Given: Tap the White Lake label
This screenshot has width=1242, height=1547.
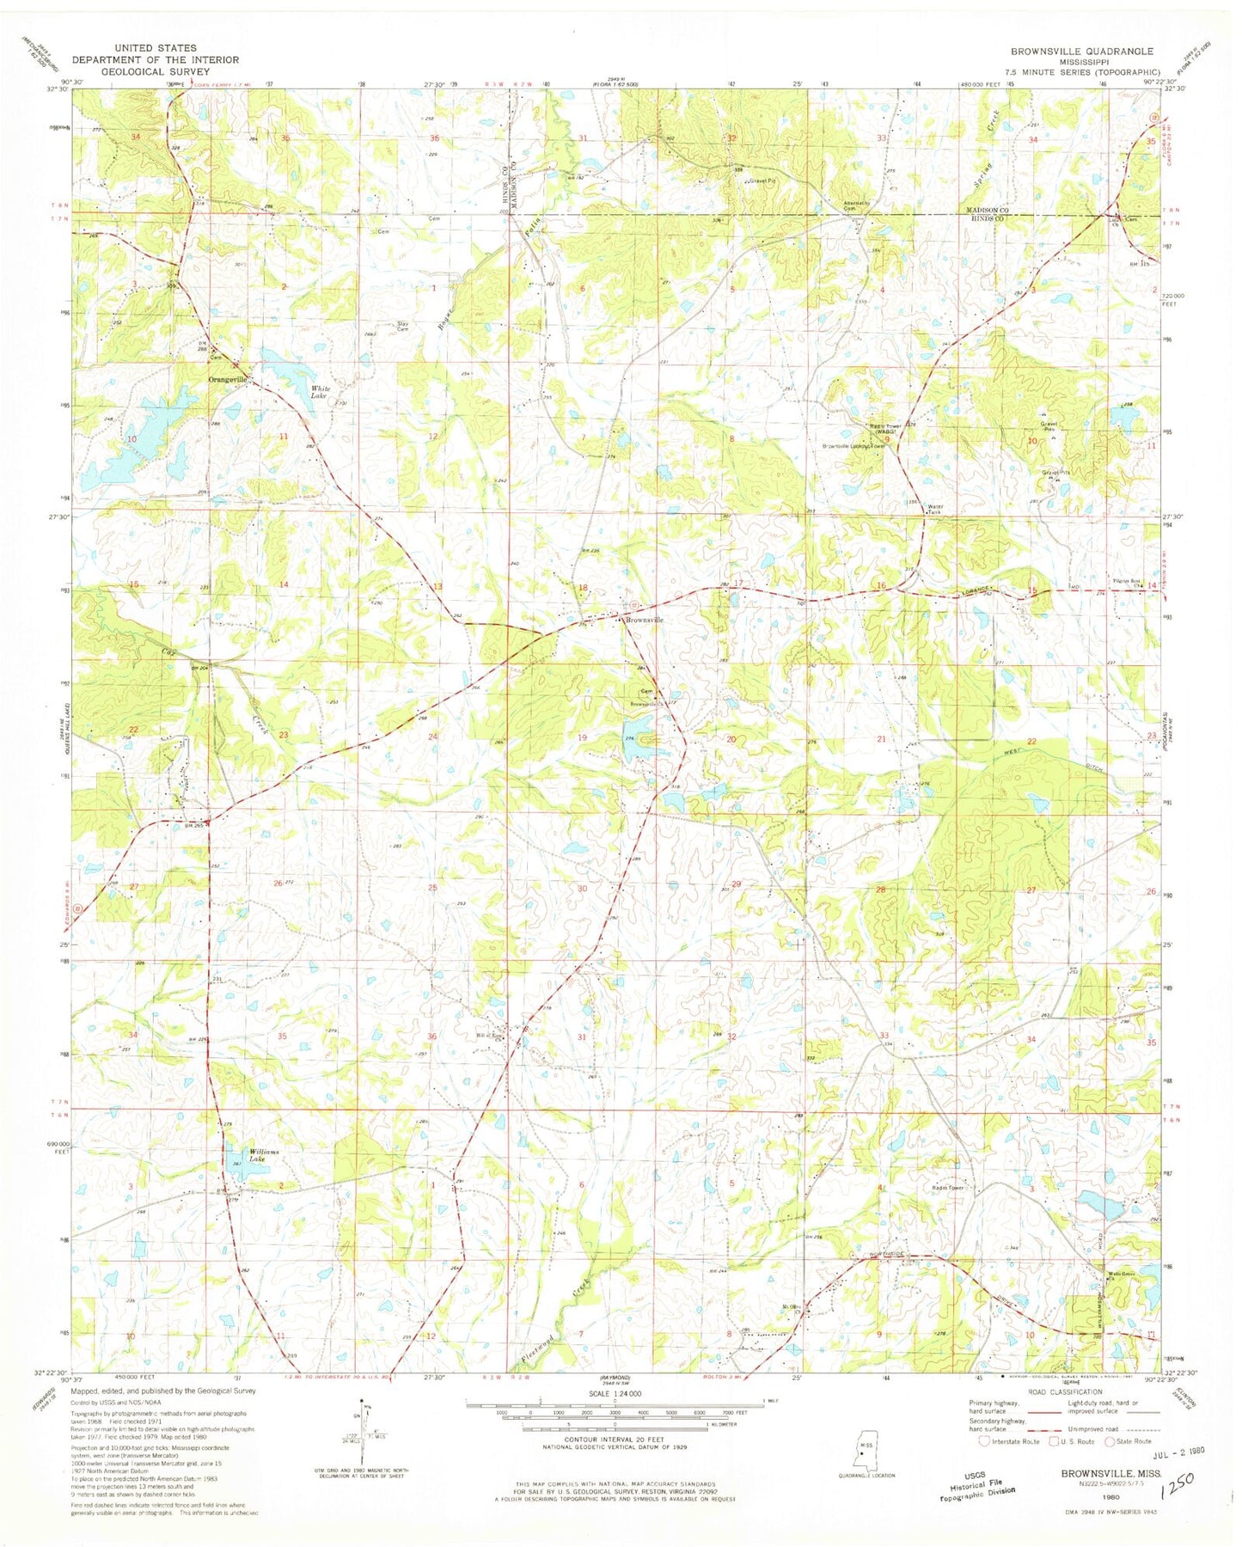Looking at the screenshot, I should (320, 393).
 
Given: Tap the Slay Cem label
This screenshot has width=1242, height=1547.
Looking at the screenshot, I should (402, 327).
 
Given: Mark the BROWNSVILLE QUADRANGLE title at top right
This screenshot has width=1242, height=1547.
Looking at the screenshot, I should (1081, 52).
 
